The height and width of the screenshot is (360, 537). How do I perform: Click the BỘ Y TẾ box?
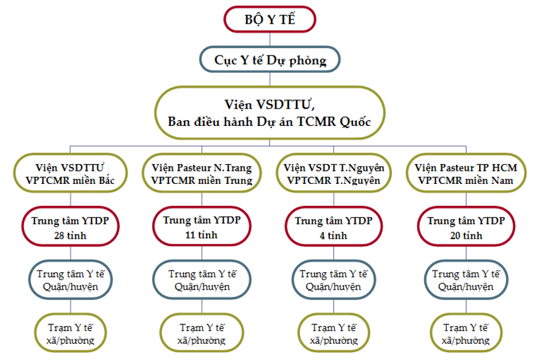tap(270, 19)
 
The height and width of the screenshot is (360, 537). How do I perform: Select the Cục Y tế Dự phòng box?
tap(270, 60)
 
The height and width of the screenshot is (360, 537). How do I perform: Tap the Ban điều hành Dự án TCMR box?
tap(270, 113)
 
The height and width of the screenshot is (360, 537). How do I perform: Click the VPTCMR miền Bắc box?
tap(70, 173)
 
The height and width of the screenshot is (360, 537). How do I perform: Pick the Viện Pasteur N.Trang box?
tap(202, 173)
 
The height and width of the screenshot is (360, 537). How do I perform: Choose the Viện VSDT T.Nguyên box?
tap(334, 173)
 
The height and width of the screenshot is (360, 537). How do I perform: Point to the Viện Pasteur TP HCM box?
tap(466, 173)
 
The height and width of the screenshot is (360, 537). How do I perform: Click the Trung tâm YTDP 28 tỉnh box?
tap(70, 226)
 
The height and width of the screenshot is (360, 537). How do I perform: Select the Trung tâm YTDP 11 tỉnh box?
tap(202, 226)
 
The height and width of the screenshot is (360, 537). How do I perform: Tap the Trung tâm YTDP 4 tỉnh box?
tap(334, 226)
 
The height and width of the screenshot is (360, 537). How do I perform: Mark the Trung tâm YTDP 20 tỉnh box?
tap(466, 226)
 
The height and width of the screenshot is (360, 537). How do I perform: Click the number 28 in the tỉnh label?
tap(59, 236)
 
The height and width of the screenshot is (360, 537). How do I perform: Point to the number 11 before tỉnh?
tap(190, 235)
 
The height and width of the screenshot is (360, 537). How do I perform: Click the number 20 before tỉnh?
tap(455, 236)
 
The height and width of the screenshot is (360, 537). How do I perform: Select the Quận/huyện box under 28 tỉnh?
tap(70, 279)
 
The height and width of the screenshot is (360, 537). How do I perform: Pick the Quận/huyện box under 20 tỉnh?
tap(466, 279)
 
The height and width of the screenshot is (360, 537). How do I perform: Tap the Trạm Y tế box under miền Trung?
tap(202, 333)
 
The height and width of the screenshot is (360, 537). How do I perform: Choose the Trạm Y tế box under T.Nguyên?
tap(334, 333)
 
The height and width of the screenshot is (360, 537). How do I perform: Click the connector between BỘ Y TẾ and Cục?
tap(270, 39)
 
